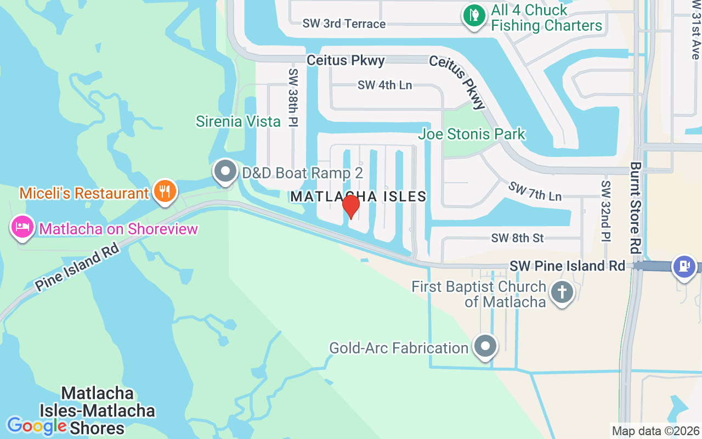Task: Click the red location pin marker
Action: [x=350, y=207]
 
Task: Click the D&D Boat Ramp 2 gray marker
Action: [x=225, y=172]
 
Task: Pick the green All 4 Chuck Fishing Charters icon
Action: [x=473, y=16]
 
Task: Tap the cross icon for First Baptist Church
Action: [x=562, y=292]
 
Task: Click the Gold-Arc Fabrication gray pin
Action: [x=485, y=346]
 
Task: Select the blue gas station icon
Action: [x=684, y=266]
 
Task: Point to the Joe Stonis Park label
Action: [x=472, y=134]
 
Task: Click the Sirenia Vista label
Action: [x=238, y=121]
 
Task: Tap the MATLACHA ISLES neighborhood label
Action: [x=358, y=196]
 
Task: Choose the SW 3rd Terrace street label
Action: [x=344, y=24]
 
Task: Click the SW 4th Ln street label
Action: [x=384, y=85]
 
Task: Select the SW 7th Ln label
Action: [x=535, y=190]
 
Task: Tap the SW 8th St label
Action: [x=517, y=238]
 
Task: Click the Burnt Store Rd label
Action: [x=636, y=207]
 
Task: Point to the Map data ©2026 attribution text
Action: [x=656, y=431]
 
